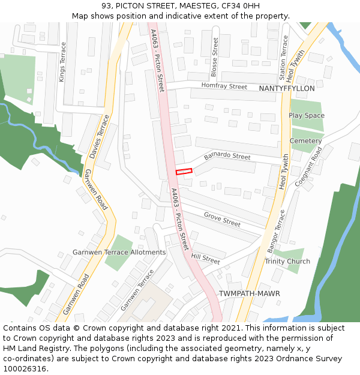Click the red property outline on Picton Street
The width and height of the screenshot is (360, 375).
click(184, 172)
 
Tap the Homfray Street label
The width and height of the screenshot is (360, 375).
click(224, 87)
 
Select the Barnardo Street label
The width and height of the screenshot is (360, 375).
click(227, 157)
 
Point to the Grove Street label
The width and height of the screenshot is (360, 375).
click(222, 219)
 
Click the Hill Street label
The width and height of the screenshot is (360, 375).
click(205, 259)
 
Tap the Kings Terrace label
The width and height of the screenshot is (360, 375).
click(62, 62)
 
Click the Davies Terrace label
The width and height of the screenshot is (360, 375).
click(100, 136)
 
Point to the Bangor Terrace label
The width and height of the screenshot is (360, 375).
click(277, 231)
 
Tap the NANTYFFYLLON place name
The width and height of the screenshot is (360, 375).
click(287, 88)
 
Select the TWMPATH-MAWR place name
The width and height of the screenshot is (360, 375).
click(249, 293)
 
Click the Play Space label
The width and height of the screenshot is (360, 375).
click(307, 115)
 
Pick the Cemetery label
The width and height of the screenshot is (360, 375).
click(306, 141)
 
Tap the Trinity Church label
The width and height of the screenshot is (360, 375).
click(288, 261)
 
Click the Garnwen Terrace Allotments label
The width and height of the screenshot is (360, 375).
click(119, 252)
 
